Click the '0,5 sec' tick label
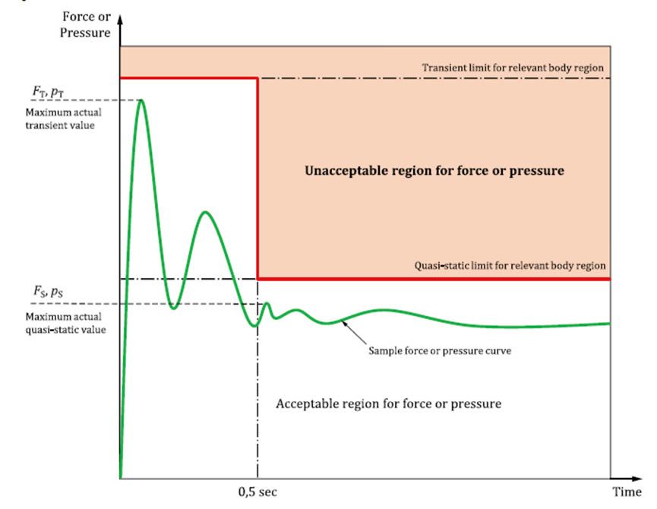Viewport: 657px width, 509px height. tap(257, 492)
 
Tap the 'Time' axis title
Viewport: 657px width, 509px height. tap(627, 492)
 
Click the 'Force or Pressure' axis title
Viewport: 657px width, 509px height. tap(86, 24)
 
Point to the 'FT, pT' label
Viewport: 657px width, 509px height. tap(48, 92)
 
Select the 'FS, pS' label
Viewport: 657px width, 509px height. tap(48, 291)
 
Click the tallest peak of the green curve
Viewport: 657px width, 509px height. tap(141, 100)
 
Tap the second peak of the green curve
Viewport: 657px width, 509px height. tap(205, 213)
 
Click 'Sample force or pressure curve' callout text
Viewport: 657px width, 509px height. tap(440, 351)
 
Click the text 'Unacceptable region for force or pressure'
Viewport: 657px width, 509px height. tap(434, 170)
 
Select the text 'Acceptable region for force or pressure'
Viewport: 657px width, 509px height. tap(388, 403)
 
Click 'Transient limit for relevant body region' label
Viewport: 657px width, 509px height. tap(513, 68)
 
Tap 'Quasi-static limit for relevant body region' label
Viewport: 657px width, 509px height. tap(510, 266)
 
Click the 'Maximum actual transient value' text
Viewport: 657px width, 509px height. tap(63, 119)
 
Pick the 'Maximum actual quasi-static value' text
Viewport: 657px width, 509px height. tap(65, 323)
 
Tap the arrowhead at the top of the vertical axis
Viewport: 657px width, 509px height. tap(120, 20)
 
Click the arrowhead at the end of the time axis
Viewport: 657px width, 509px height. tap(636, 479)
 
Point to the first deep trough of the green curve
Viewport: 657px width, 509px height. tap(174, 308)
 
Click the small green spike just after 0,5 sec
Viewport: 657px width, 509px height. tap(267, 303)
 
